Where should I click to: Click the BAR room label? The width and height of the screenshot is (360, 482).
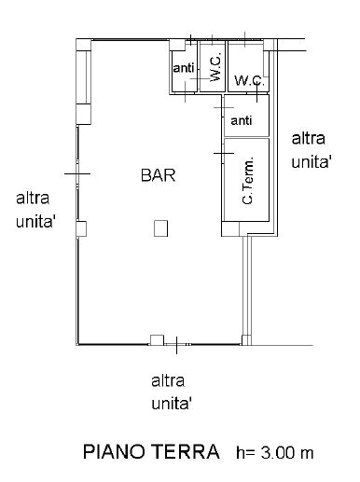159,174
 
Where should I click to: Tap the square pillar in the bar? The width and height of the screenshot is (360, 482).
161,227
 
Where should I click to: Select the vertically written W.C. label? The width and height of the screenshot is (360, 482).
215,68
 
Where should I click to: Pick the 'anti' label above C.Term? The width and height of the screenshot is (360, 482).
242,120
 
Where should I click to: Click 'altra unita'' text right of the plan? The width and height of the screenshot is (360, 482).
312,149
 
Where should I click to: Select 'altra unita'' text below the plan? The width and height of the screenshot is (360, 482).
172,392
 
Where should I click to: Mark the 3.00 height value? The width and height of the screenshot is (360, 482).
276,453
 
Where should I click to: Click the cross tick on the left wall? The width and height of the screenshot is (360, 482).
76,174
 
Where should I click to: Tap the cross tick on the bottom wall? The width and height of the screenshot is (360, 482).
176,345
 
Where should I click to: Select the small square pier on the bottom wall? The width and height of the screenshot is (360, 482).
157,339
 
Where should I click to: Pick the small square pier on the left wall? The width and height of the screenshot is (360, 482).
82,227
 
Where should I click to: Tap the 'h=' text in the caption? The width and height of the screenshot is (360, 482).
244,453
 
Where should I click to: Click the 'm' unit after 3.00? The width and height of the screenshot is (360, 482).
307,454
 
